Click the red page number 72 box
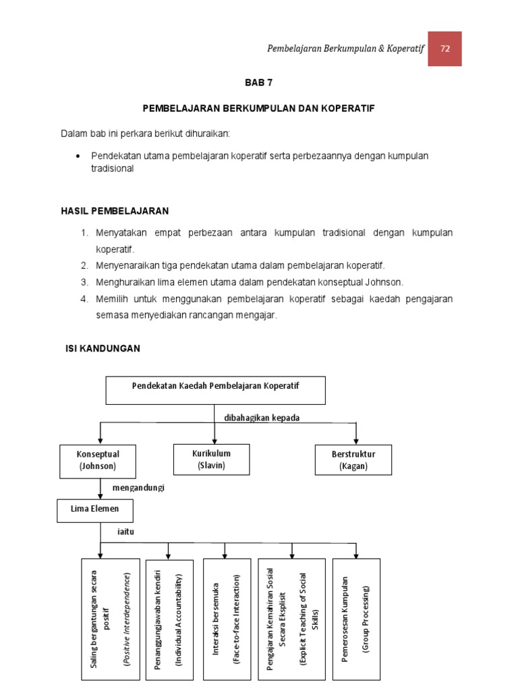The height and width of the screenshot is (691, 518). (444, 49)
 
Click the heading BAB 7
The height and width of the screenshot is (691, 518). (258, 83)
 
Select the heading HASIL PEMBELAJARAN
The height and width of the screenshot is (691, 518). (115, 211)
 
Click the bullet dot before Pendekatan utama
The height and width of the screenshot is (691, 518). (79, 156)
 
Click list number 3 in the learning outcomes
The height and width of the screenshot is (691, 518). (84, 282)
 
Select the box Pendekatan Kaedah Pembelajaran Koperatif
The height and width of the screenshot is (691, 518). (215, 390)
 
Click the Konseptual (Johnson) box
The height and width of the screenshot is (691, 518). (98, 460)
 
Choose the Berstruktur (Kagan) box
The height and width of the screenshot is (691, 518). (353, 460)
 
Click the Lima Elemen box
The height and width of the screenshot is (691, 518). (95, 510)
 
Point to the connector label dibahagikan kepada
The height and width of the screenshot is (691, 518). (262, 418)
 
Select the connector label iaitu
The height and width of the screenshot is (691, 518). (127, 532)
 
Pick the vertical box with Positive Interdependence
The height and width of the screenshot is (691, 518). (110, 619)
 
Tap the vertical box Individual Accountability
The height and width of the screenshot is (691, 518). (169, 619)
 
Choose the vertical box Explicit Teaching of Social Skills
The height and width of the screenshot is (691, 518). (291, 619)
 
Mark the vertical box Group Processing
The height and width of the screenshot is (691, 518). (355, 619)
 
